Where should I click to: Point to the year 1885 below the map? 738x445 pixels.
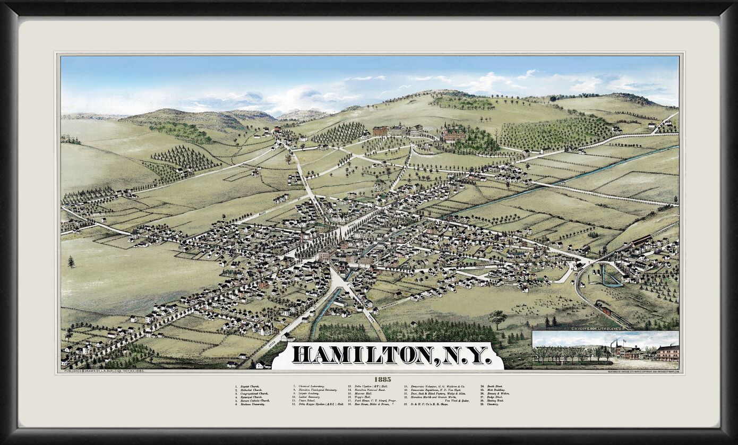pos(383,379)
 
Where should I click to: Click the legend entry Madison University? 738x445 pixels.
pos(252,404)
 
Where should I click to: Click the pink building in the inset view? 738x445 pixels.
pos(667,353)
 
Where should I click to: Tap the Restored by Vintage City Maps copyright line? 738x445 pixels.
pos(643,371)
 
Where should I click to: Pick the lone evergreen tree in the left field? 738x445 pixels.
pos(71,262)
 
